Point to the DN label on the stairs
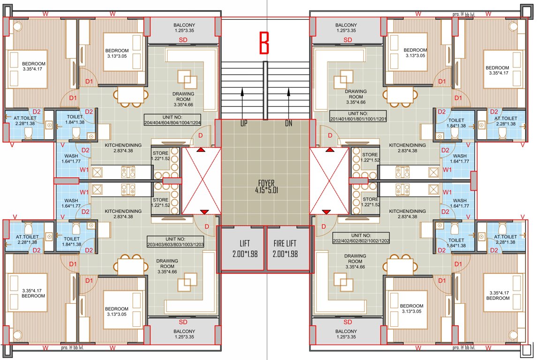tap(288, 123)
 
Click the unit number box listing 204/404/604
tap(173, 120)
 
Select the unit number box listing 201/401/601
tap(358, 116)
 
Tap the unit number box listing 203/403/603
tap(175, 241)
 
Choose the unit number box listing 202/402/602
tap(361, 238)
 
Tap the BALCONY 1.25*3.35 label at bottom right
tap(348, 334)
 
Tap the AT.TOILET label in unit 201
tap(505, 121)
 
